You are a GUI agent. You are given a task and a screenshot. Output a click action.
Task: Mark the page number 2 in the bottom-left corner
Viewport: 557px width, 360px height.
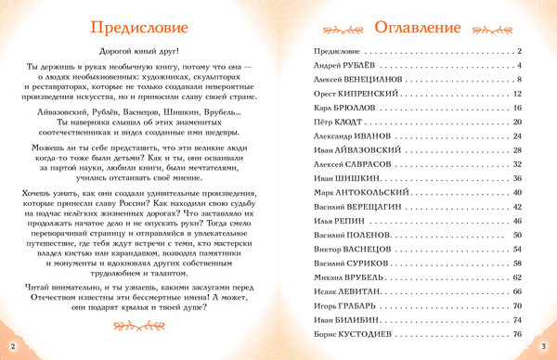13,346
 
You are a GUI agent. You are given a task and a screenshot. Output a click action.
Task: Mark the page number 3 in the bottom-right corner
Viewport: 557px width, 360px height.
544,346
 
